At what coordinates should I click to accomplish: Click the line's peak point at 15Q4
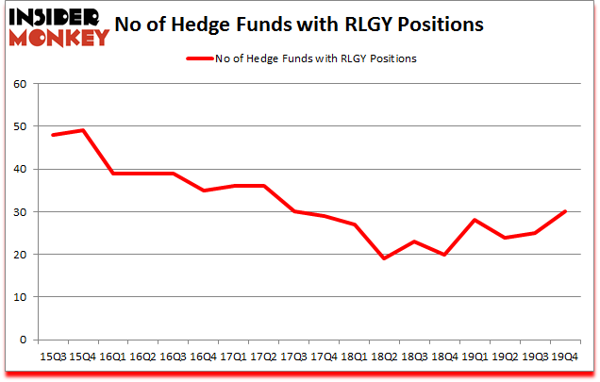pyautogui.click(x=83, y=130)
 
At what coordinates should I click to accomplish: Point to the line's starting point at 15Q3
pyautogui.click(x=53, y=135)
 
